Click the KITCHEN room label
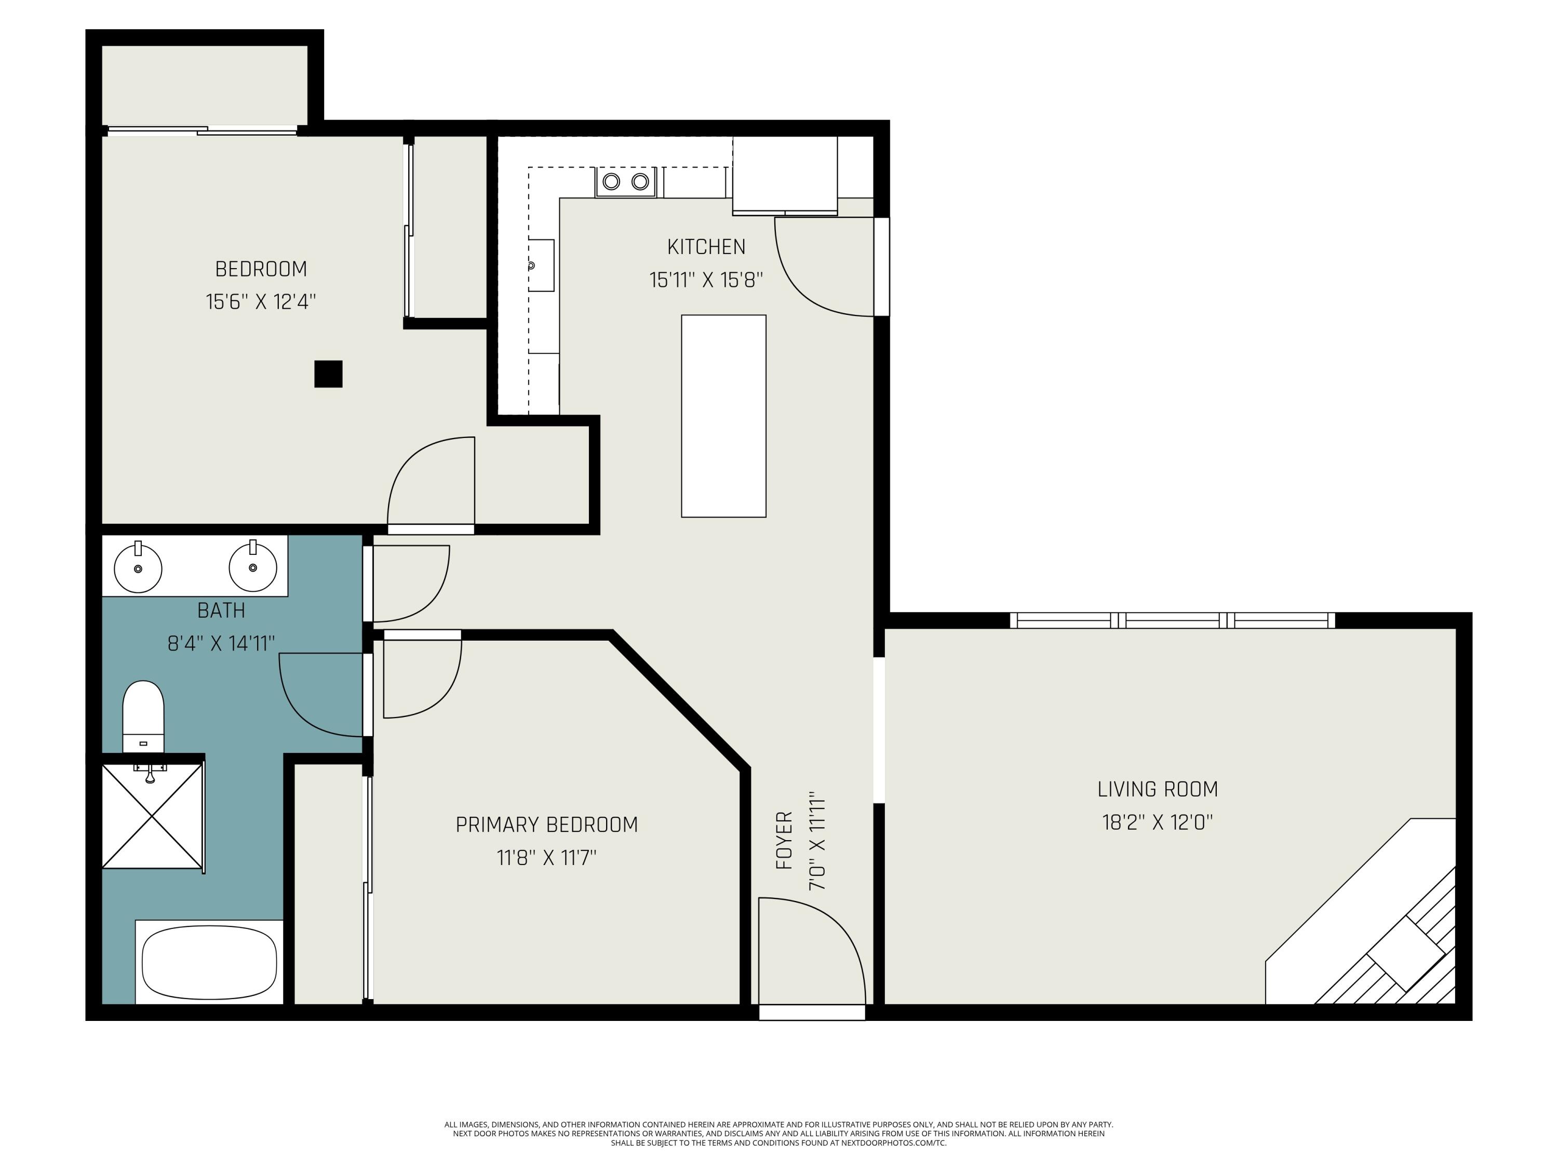(706, 247)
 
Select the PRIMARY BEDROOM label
(546, 825)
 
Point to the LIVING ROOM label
(1157, 789)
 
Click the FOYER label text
(784, 840)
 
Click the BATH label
(221, 610)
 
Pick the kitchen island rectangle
(723, 416)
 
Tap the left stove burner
(611, 182)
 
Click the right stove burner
(639, 182)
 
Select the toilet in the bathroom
(144, 716)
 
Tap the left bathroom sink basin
(138, 567)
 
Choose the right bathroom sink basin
(253, 566)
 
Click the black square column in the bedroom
(328, 374)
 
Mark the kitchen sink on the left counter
(542, 265)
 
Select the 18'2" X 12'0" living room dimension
(1157, 822)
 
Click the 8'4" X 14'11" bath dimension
(221, 643)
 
